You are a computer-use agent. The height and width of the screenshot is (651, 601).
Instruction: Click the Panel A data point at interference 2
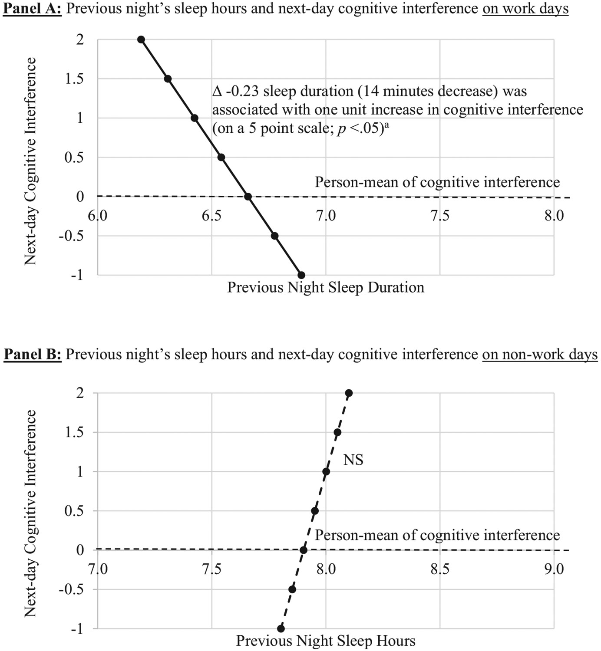(141, 39)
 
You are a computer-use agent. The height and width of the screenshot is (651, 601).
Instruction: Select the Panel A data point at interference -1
(301, 275)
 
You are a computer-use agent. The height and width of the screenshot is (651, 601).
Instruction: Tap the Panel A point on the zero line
(248, 197)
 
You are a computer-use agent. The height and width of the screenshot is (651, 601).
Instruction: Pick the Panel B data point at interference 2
(349, 393)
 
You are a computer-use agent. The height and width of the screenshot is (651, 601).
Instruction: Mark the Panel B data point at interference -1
(281, 628)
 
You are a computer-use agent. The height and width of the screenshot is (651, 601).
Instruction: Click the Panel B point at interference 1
(326, 472)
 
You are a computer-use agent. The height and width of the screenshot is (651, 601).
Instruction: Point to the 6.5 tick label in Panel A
(211, 216)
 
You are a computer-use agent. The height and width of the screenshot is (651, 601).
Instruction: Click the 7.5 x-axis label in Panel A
(439, 216)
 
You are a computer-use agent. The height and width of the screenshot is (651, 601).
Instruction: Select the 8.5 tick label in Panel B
(439, 569)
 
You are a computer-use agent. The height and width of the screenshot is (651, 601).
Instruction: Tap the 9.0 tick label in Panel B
(554, 569)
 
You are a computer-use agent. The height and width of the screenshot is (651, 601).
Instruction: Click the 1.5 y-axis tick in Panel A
(75, 79)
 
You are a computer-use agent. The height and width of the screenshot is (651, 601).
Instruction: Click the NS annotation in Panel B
(353, 460)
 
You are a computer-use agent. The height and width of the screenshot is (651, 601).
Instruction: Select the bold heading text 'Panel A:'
(33, 9)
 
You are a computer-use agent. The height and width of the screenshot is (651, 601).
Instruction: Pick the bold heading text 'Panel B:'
(33, 355)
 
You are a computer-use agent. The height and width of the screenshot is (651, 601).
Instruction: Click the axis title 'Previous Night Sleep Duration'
(326, 287)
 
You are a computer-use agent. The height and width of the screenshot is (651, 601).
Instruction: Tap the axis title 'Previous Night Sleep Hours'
(326, 641)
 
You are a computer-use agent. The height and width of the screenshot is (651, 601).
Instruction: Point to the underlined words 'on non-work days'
(540, 355)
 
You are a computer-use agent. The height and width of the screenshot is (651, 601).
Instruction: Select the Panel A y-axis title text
(30, 161)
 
